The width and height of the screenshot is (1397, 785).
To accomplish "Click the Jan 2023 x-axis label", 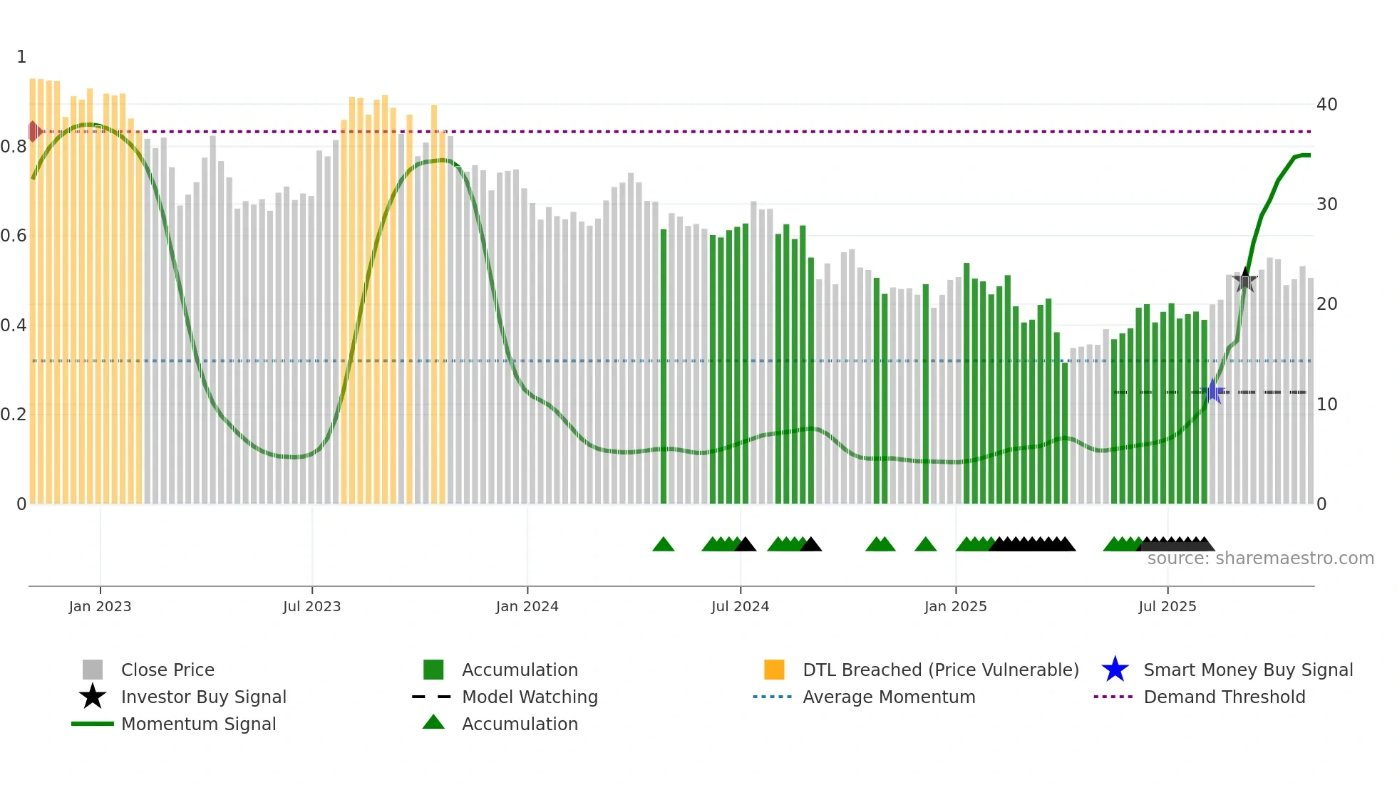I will (x=100, y=606).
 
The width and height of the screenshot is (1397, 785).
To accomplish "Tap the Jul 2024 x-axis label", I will (x=740, y=606).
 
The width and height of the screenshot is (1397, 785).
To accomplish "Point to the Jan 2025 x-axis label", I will (x=955, y=606).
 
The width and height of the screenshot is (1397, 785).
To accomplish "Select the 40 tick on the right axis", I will (x=1326, y=105).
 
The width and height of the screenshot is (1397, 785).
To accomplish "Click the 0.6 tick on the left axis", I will (x=14, y=236).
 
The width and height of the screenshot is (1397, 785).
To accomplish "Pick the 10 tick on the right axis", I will (x=1326, y=405).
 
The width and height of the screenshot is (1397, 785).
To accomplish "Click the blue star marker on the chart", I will (x=1213, y=392).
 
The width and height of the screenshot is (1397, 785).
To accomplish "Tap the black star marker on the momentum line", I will (x=1245, y=281).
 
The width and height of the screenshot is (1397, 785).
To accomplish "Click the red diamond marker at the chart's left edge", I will (x=33, y=131).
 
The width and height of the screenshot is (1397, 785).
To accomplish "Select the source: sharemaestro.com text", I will (x=1260, y=558).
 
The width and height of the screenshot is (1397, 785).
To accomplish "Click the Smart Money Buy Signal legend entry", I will (x=1247, y=670).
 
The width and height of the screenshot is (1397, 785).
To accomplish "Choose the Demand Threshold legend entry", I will (x=1224, y=697).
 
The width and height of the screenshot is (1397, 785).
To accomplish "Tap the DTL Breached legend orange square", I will (x=774, y=670).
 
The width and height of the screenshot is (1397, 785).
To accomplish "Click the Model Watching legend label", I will (x=530, y=697).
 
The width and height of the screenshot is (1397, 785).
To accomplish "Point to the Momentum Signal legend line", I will (x=93, y=724).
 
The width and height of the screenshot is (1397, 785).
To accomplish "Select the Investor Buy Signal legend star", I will (x=93, y=697).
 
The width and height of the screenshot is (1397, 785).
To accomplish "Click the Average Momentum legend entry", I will (x=888, y=697).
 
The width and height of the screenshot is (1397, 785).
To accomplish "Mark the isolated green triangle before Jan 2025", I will (x=925, y=545).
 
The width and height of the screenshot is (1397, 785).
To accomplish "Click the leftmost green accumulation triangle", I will (x=663, y=545).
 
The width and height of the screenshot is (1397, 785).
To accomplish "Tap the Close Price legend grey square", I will (x=93, y=670).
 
